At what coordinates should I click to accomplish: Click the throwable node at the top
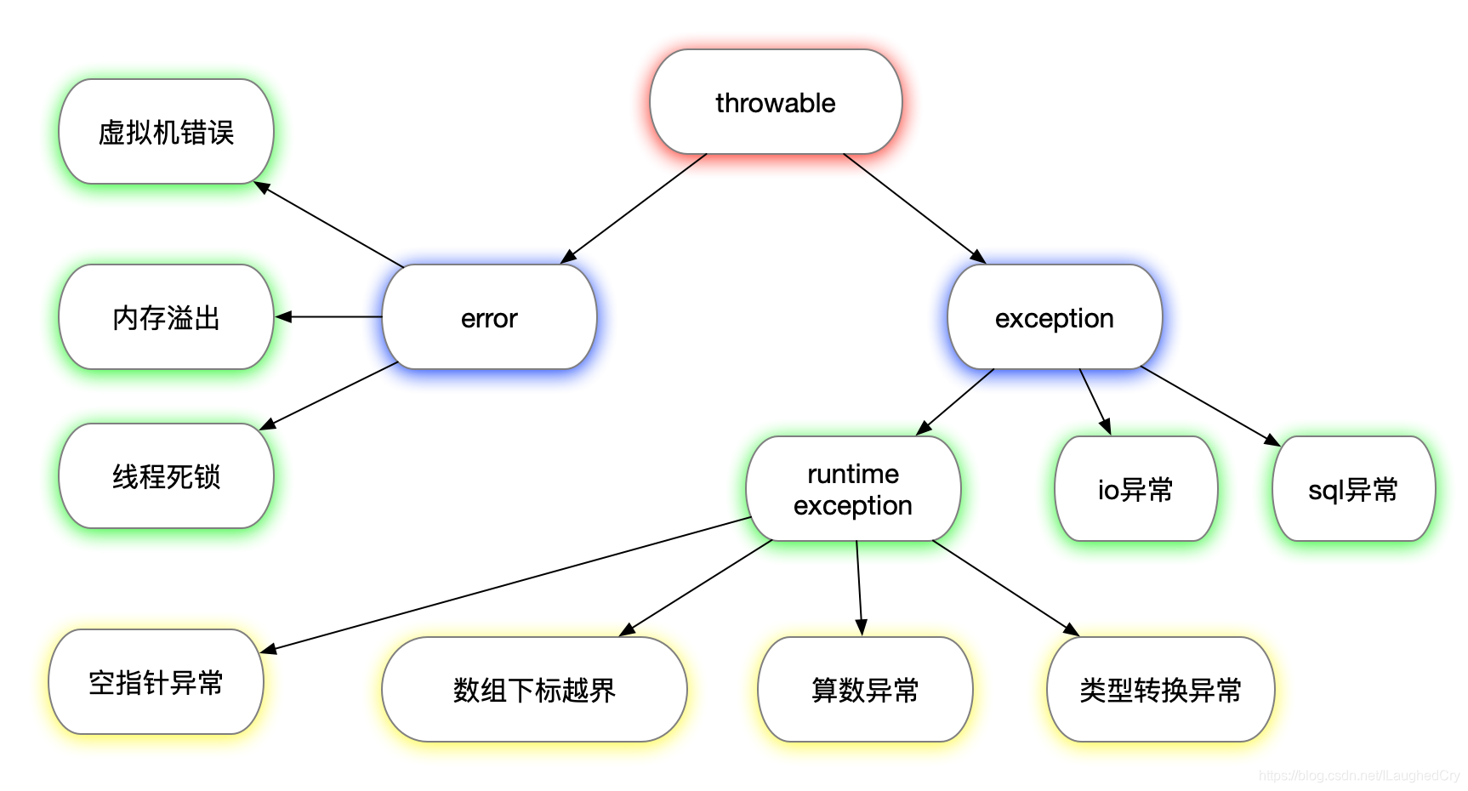click(x=775, y=102)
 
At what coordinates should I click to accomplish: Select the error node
click(x=489, y=317)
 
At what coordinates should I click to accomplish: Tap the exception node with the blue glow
click(x=1054, y=317)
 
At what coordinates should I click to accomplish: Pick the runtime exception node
click(x=852, y=489)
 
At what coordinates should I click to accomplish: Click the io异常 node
click(x=1135, y=489)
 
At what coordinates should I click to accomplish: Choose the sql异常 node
click(x=1353, y=489)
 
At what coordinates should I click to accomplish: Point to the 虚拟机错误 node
click(x=166, y=132)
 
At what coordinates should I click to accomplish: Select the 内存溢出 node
click(x=166, y=317)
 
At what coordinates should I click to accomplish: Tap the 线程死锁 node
click(x=166, y=476)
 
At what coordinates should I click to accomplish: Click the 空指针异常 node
click(x=156, y=682)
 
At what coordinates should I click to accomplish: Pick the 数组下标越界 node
click(x=534, y=689)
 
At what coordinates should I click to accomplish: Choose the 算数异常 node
click(x=865, y=689)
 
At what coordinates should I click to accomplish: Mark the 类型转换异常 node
click(x=1160, y=689)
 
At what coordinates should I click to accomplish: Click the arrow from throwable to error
click(x=634, y=208)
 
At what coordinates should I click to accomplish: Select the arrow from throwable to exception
click(x=914, y=208)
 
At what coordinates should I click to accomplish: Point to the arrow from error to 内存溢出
click(x=329, y=316)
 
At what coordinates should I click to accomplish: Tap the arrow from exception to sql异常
click(x=1209, y=406)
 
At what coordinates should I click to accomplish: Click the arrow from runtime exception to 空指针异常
click(x=505, y=584)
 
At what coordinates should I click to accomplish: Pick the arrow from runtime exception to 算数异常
click(x=859, y=588)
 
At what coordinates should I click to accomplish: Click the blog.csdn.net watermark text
click(x=1358, y=776)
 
